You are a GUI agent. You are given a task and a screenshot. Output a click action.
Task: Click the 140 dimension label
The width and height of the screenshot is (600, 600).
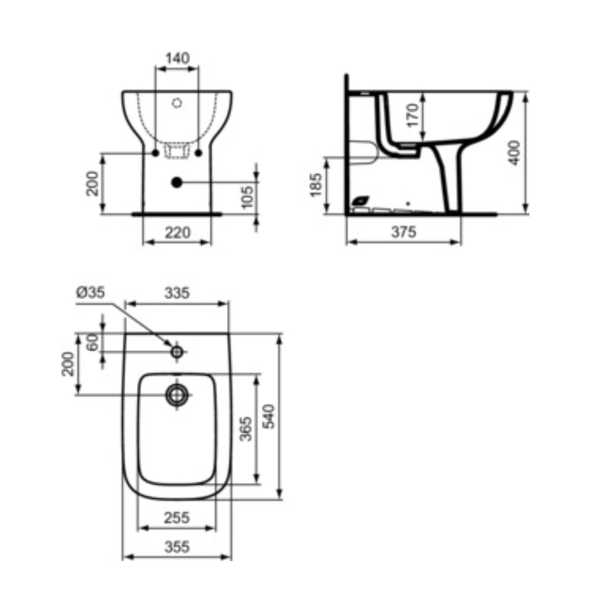point(177,58)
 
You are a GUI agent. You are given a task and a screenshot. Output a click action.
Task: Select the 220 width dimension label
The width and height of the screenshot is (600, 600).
point(177,232)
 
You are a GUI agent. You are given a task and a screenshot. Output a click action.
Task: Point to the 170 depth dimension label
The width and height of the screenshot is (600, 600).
point(413,115)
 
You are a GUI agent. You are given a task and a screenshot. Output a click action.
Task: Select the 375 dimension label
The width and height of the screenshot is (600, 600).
point(404,232)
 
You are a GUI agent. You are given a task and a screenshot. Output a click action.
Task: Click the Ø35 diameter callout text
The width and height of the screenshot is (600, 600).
point(90,293)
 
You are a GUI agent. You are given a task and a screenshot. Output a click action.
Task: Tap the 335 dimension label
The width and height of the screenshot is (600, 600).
point(177,293)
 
